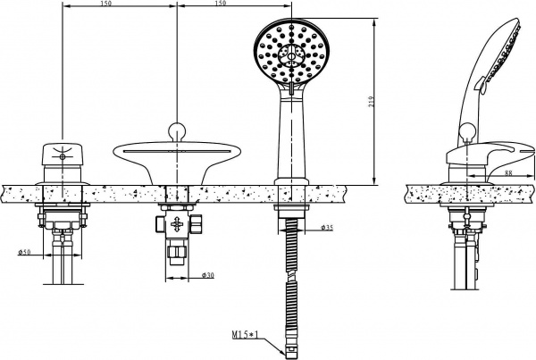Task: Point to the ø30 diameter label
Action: coord(208,274)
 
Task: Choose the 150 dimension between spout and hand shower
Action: coord(219,4)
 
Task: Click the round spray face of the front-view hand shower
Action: coord(288,56)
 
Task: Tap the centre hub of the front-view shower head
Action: coord(288,56)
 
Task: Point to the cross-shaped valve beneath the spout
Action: coord(176,224)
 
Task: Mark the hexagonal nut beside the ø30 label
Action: coord(176,259)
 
